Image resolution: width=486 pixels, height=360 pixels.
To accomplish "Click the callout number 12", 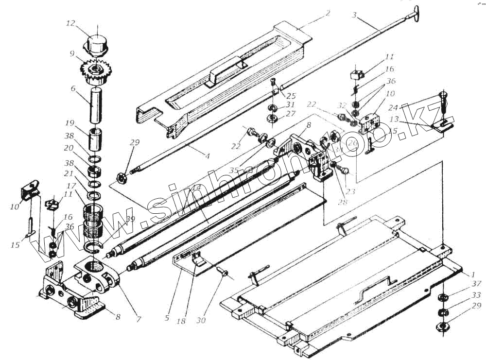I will (71, 23).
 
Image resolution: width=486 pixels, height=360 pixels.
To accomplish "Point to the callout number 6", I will (72, 89).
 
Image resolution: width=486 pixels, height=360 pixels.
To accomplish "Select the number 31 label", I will (291, 104).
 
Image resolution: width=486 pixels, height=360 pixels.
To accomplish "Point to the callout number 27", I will (291, 114).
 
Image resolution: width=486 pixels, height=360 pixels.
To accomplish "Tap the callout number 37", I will (476, 284).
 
